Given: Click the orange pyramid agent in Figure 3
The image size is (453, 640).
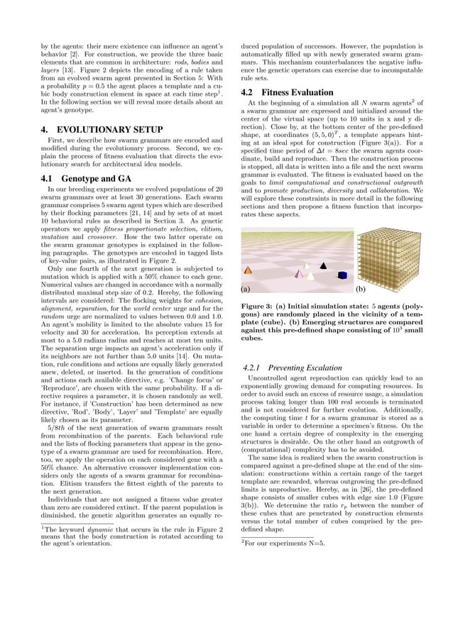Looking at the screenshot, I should click(248, 270).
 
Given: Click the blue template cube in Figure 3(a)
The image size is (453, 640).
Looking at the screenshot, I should click(342, 276).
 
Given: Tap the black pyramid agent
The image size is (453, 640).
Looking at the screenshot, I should click(323, 265).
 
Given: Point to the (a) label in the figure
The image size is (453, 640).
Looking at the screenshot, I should click(246, 289).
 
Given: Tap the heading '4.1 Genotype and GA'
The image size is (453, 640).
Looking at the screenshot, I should click(80, 178).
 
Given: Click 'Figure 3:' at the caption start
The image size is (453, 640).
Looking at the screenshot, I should click(258, 306).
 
